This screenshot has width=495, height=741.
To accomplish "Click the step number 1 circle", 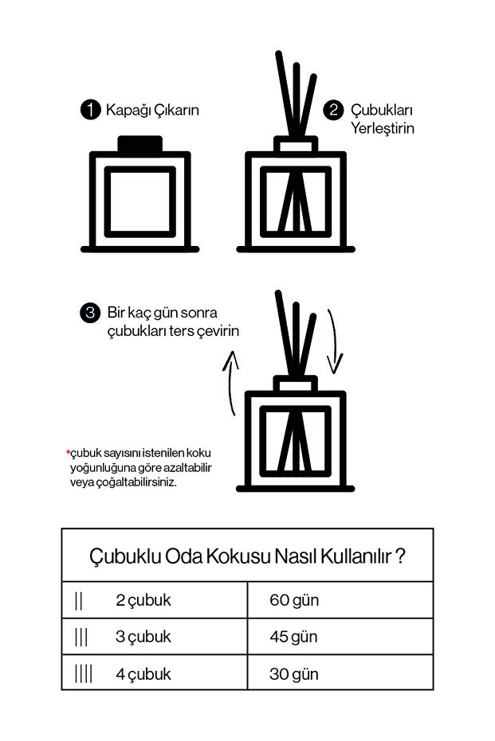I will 91,110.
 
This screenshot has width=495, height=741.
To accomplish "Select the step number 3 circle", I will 90,313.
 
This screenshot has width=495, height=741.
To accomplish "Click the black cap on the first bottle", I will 139,143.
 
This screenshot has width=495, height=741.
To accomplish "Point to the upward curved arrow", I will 232,385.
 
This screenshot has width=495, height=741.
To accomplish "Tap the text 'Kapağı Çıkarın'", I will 152,110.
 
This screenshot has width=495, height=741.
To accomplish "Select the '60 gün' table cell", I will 294,600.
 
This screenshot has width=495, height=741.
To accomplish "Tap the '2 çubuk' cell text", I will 143,600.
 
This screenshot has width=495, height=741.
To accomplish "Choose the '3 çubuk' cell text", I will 143,637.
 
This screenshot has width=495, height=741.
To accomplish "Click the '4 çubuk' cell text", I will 143,674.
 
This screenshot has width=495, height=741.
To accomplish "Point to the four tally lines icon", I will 84,673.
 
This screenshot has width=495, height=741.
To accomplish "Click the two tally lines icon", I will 78,600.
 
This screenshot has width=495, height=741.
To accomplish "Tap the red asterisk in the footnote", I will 68,453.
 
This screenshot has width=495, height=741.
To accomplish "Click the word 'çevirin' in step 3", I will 214,330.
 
